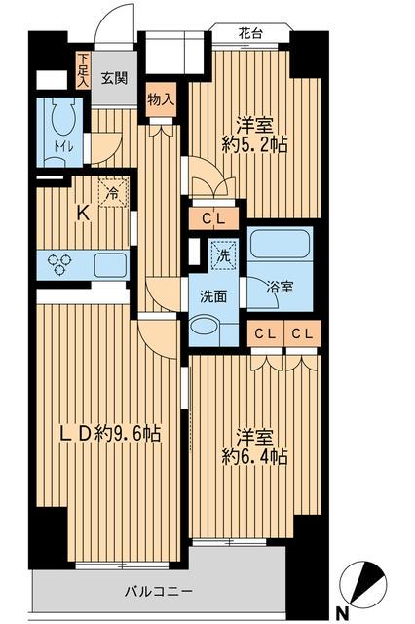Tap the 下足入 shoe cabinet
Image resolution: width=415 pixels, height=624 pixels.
pos(84,71)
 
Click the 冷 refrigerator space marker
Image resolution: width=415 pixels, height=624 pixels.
pos(114,194)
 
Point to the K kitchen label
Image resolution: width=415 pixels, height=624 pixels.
pos(85,214)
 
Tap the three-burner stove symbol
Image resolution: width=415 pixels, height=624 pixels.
pos(57,264)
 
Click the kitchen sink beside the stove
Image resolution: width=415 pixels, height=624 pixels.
pos(109,264)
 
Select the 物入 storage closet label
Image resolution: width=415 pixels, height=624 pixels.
pos(161,97)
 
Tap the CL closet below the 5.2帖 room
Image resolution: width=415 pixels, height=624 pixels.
pos(214,219)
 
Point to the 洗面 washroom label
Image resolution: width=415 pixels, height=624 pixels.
pos(213,296)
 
